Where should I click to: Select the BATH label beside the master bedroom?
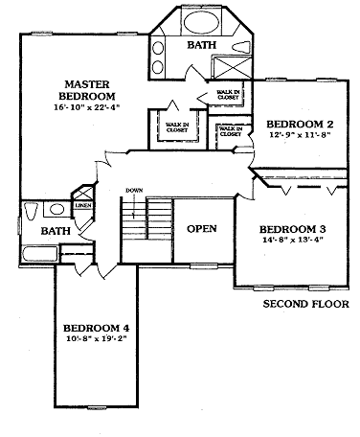201,45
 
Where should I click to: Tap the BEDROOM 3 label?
294,230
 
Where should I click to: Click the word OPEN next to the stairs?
201,229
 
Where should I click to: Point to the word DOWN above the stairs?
133,191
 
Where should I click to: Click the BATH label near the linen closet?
55,232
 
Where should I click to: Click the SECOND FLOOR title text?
305,306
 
